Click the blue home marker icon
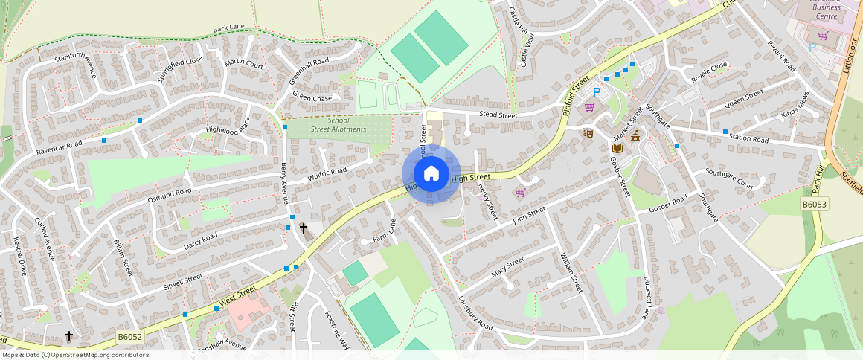tap(431, 174)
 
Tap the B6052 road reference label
tap(129, 338)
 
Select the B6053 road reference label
tap(815, 204)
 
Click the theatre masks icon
tap(587, 133)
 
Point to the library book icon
tap(617, 149)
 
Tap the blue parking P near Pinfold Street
tap(596, 92)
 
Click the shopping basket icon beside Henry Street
tap(519, 193)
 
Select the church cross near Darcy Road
tap(303, 228)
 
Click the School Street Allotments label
tap(339, 125)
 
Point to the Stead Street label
tap(498, 115)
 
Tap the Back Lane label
tap(228, 28)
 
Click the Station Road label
tap(748, 138)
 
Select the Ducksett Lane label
tap(646, 298)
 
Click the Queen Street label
tap(744, 98)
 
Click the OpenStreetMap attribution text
tap(75, 355)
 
